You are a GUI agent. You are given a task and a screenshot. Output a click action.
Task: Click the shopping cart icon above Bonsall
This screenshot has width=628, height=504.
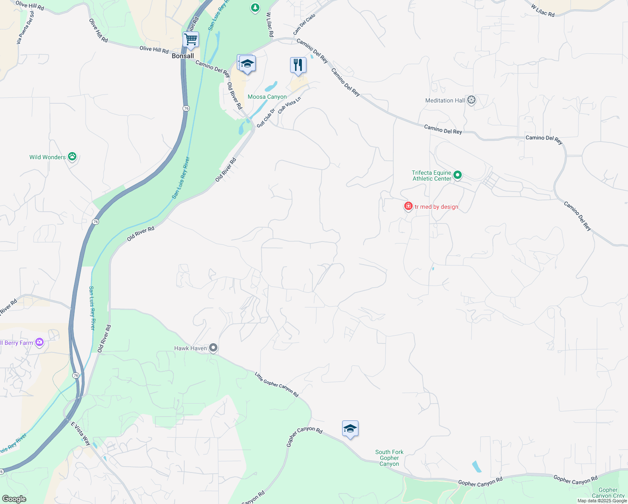[x=191, y=40]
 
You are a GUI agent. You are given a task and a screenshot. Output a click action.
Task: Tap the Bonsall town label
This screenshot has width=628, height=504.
[x=183, y=56]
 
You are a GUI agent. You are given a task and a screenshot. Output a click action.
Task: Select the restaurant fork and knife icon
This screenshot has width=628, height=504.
[x=298, y=65]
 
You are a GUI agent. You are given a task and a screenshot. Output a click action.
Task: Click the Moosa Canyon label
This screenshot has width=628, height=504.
[x=267, y=97]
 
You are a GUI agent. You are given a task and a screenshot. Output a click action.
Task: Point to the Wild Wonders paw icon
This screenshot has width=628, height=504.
[x=72, y=157]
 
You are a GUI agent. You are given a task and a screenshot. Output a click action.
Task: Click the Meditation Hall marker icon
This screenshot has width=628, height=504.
[x=471, y=100]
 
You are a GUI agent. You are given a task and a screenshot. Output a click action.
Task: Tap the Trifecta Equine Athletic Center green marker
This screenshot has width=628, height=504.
[x=458, y=175]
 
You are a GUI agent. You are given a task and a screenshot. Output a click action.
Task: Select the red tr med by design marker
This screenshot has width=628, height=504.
[x=408, y=206]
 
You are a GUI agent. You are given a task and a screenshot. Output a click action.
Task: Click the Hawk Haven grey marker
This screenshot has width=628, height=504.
[x=213, y=348]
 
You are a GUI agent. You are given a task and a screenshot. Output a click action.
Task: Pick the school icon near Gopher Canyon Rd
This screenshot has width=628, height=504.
[x=350, y=429]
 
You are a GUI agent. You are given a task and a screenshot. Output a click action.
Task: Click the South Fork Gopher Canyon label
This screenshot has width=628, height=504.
[x=389, y=458]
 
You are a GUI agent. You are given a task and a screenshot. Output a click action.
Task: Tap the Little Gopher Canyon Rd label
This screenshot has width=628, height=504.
[x=277, y=384]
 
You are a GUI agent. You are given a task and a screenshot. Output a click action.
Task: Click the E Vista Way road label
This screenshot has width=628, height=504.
[x=81, y=434]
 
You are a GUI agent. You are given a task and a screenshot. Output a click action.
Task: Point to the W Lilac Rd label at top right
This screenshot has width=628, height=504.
[x=542, y=10]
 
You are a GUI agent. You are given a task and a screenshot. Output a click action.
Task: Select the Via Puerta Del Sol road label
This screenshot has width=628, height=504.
[x=25, y=27]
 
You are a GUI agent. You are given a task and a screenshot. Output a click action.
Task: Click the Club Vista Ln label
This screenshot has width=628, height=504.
[x=289, y=105]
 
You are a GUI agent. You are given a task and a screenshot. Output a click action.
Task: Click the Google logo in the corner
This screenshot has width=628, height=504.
[x=14, y=499]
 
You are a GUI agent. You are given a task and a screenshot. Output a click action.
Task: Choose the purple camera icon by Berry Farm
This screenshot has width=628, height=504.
[x=39, y=342]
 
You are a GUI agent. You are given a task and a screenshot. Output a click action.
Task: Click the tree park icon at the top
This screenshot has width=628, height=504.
[x=255, y=7]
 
